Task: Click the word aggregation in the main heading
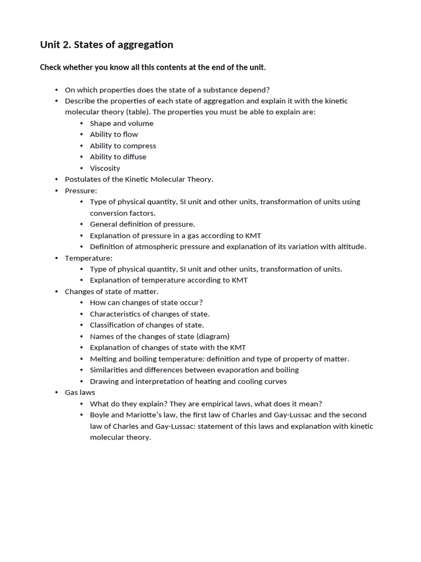click(x=143, y=44)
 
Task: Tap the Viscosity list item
click(x=105, y=168)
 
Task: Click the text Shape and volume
click(x=122, y=123)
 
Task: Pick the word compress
click(x=139, y=145)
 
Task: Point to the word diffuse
click(x=134, y=156)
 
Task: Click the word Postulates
click(x=82, y=179)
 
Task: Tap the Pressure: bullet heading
click(x=81, y=190)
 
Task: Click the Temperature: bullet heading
click(x=88, y=258)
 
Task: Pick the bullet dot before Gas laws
click(x=56, y=392)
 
